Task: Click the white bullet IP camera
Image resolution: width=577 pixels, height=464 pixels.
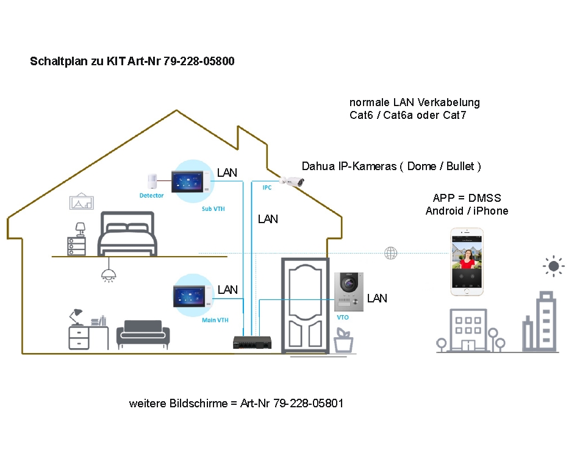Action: (292, 180)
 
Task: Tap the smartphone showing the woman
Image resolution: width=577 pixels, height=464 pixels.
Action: (467, 262)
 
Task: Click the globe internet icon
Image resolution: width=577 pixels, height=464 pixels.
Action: (390, 253)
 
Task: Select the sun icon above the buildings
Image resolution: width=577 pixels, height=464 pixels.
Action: (553, 266)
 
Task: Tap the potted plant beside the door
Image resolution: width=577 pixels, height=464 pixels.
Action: (343, 341)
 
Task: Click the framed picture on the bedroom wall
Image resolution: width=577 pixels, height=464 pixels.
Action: (82, 202)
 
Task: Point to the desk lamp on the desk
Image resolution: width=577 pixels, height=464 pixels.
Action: (76, 315)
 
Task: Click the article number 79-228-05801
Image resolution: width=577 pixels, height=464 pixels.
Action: (309, 404)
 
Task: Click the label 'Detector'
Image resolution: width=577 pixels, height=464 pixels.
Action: (151, 195)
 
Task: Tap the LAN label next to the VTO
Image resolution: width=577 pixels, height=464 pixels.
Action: (377, 298)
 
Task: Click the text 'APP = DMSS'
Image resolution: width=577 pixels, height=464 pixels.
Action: (467, 198)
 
